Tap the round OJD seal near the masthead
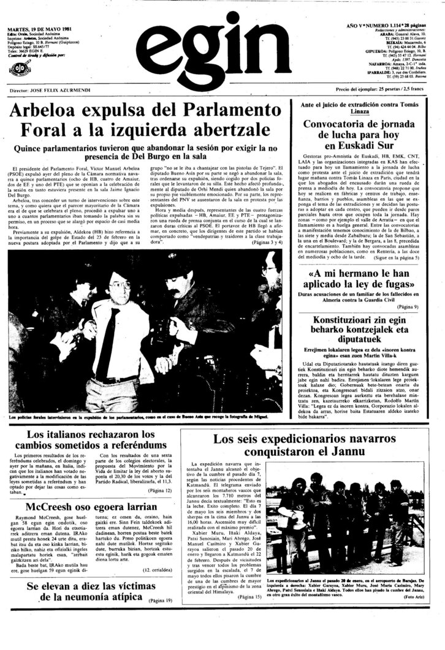[18, 69]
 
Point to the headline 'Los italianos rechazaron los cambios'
[88, 439]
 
